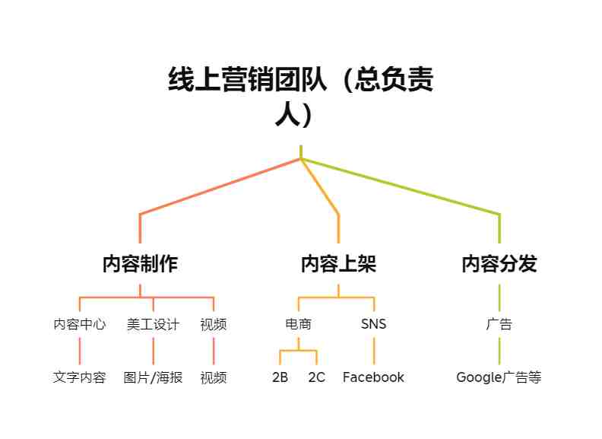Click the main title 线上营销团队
point(248,80)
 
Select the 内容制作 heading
point(140,264)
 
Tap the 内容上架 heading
point(339,264)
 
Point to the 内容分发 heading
point(499,264)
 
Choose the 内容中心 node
point(80,324)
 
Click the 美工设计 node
point(154,324)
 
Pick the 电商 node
point(298,324)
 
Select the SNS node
point(373,324)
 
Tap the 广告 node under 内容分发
point(499,324)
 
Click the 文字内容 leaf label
point(80,377)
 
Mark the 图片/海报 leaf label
point(154,377)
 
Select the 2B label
point(280,377)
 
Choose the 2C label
point(317,377)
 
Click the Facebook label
point(373,377)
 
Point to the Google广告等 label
point(499,377)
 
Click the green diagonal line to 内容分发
point(400,186)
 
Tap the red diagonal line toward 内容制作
point(220,186)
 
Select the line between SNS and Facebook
point(373,351)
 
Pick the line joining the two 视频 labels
point(214,351)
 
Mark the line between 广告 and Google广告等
point(499,351)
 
